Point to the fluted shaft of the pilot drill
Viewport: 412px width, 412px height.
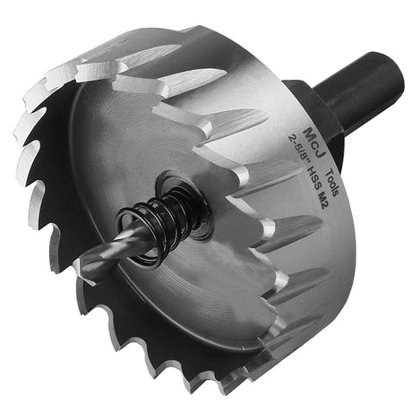(x=116, y=251)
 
